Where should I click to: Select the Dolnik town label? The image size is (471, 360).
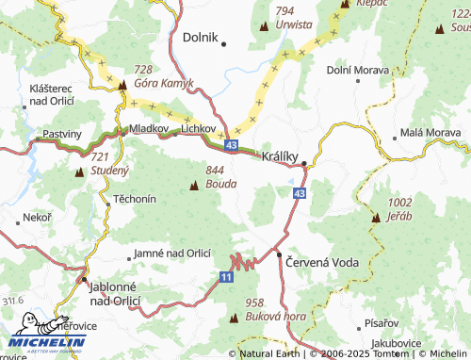[x=199, y=40]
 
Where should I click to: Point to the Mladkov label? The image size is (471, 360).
[x=149, y=127]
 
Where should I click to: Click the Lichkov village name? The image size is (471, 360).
[x=199, y=127]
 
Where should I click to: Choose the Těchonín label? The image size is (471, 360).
[x=135, y=201]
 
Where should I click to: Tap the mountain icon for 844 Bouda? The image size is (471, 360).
[x=194, y=185]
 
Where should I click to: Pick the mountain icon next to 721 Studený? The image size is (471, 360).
[x=80, y=172]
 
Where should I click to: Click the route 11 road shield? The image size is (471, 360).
[x=226, y=276]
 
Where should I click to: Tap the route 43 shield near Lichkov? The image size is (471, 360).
[x=232, y=144]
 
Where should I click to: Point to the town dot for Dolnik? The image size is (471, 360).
[x=224, y=42]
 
